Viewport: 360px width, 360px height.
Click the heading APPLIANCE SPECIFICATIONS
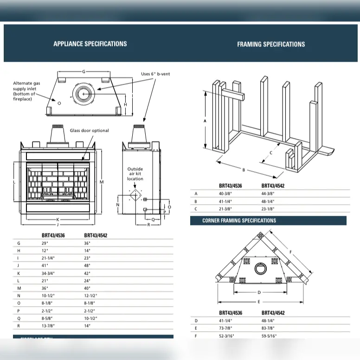point(90,44)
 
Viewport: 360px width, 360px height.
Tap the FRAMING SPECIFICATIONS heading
point(271,45)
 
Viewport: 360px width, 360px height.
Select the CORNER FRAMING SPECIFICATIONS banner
point(239,221)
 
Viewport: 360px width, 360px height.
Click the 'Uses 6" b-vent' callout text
point(156,74)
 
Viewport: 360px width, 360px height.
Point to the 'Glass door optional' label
point(90,131)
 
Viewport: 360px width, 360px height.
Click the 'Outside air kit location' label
point(135,174)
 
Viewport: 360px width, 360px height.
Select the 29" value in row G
point(45,243)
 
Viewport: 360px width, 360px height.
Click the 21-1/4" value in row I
point(48,258)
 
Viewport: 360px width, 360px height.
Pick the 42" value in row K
point(87,273)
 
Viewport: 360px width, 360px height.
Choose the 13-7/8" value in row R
point(49,326)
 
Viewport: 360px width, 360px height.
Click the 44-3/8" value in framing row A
point(268,193)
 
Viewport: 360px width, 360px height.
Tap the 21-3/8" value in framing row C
point(226,209)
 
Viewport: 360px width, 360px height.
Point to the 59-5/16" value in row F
point(269,336)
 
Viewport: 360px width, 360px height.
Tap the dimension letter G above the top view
point(84,72)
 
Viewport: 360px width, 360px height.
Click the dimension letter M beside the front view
point(101,182)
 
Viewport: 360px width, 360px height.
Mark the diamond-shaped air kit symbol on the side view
point(135,196)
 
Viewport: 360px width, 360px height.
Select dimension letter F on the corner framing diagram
point(291,252)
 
